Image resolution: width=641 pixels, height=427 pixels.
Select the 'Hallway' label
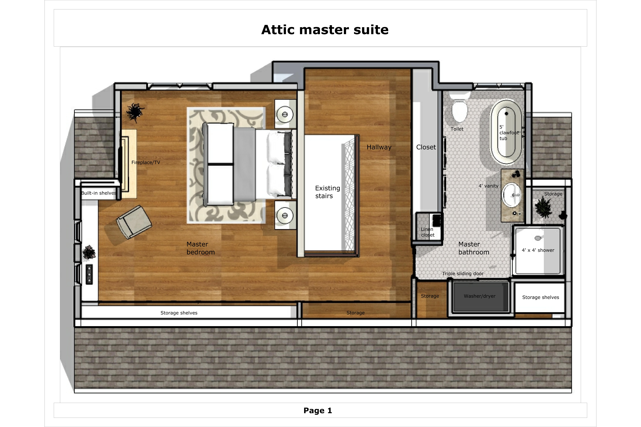click(x=379, y=147)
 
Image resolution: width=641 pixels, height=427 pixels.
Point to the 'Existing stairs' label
click(x=327, y=192)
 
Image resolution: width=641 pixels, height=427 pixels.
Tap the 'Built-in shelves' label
click(x=99, y=193)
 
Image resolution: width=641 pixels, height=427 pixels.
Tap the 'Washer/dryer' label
click(x=479, y=296)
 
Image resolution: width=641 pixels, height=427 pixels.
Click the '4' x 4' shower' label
click(x=538, y=250)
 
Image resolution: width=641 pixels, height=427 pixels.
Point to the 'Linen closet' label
click(x=427, y=232)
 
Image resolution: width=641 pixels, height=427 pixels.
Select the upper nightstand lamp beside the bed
click(x=285, y=114)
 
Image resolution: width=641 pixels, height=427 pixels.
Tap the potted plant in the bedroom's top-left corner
click(x=135, y=112)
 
